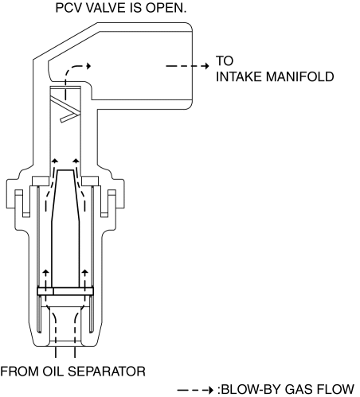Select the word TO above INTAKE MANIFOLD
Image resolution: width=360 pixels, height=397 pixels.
click(x=225, y=60)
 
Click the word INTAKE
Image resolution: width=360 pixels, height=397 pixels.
click(x=239, y=76)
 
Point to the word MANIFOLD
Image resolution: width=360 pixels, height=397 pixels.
click(x=299, y=76)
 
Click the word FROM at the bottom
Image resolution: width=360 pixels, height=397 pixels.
click(x=20, y=372)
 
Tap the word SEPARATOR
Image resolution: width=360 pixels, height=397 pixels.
click(x=107, y=372)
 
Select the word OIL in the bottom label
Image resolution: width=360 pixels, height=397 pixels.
click(x=53, y=372)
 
